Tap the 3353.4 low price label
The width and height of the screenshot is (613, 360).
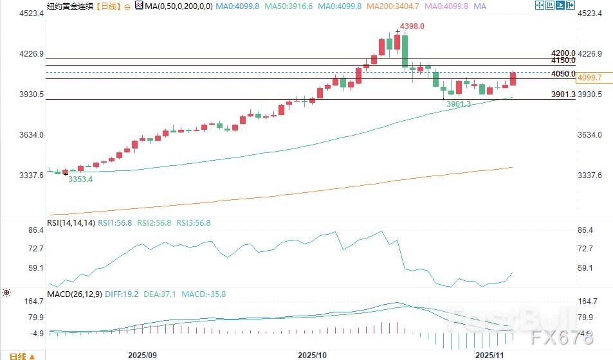pos(80,179)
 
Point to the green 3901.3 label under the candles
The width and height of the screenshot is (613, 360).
pos(459,104)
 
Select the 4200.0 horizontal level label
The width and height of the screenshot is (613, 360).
pos(563,53)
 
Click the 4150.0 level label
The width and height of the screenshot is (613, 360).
pos(563,60)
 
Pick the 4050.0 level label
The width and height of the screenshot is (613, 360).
pos(563,74)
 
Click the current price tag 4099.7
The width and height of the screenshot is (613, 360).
pos(590,78)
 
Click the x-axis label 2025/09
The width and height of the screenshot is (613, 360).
pos(143,355)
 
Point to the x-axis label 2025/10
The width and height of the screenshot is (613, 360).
pos(313,355)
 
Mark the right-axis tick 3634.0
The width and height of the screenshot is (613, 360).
pos(590,135)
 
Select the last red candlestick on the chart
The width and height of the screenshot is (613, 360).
pos(513,78)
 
